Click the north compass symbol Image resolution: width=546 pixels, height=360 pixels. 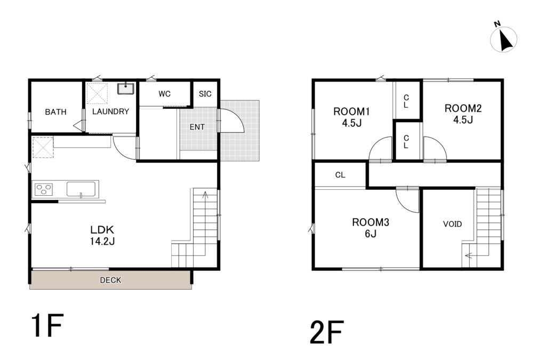point(503,38)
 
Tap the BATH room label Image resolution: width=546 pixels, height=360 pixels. point(55,112)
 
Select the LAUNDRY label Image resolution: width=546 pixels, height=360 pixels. point(110,111)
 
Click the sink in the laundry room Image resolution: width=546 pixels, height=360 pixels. point(126,89)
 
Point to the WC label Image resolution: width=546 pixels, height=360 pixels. point(164,94)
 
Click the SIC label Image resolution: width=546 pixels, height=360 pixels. point(205,94)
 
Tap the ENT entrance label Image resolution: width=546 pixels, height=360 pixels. point(197,127)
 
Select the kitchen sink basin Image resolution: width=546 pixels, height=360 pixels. point(81,189)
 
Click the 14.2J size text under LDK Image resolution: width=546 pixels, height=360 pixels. point(102,241)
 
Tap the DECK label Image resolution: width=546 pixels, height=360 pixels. point(110,280)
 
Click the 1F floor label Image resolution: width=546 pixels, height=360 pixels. point(47,325)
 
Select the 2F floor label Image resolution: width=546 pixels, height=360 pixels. point(327,332)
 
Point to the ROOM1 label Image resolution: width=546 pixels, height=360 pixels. point(351,111)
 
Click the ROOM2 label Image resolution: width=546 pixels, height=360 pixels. point(463,108)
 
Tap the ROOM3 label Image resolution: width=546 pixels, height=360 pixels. point(371,222)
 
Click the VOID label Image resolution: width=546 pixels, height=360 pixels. point(452,224)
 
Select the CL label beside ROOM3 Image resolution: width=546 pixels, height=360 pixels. point(340,175)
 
